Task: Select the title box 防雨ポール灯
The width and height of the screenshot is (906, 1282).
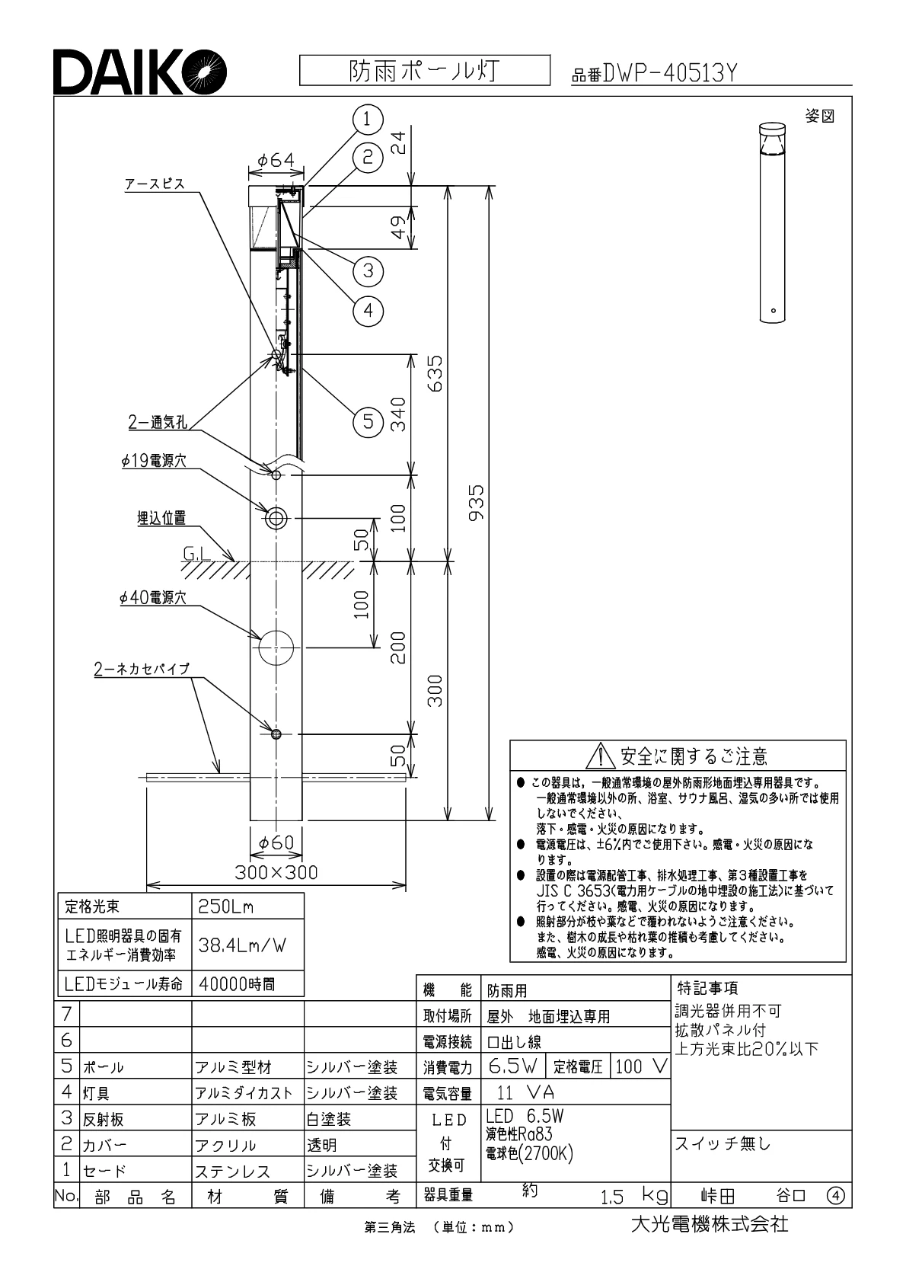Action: (424, 71)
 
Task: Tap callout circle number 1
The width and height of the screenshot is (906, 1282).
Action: (367, 119)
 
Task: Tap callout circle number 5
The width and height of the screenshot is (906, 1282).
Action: (368, 420)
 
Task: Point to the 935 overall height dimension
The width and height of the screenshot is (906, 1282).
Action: (476, 503)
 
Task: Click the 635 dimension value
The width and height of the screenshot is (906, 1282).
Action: (435, 373)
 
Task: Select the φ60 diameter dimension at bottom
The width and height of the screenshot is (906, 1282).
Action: (276, 842)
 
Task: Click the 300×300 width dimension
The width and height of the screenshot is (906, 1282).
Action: (276, 872)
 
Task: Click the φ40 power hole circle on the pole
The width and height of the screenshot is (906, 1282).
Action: (276, 648)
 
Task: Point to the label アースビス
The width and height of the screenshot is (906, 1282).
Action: (155, 184)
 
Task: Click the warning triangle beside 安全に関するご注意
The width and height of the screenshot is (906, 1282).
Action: (601, 756)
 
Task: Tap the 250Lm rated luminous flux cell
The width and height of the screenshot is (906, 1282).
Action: (226, 907)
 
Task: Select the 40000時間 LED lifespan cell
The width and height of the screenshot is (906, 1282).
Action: (237, 984)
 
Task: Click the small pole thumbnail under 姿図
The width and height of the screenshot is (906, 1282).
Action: (772, 222)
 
